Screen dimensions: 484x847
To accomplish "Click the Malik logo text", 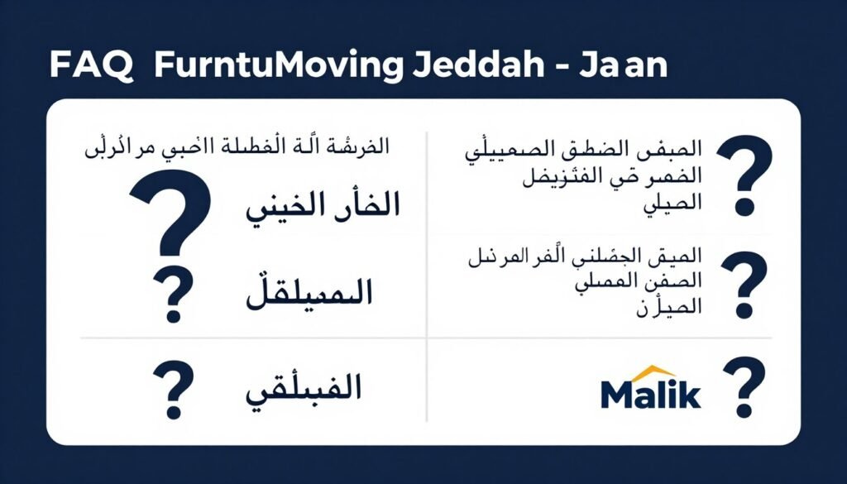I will (651, 394).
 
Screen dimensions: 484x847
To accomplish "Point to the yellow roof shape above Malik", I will (657, 371).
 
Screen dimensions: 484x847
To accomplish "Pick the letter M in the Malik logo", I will (618, 395).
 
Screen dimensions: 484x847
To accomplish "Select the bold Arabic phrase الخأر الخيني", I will (323, 206).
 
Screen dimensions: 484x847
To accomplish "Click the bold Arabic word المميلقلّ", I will (309, 292).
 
